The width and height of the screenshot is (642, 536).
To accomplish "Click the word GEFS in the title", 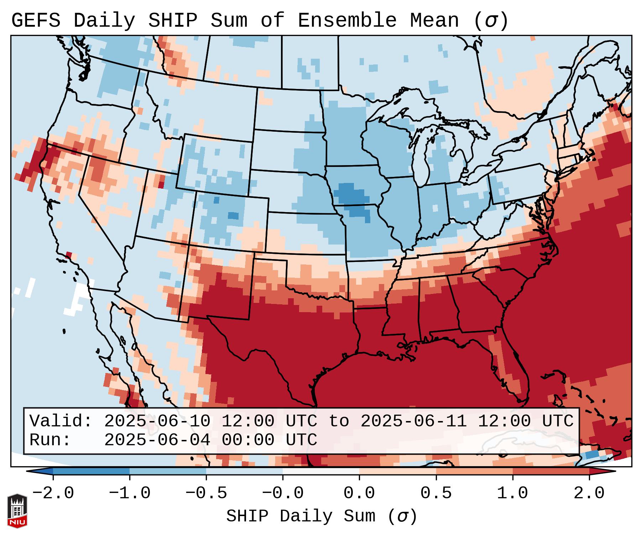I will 36,21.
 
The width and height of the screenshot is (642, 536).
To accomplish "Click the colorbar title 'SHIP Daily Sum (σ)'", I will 321,516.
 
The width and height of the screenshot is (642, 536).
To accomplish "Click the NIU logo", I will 17,511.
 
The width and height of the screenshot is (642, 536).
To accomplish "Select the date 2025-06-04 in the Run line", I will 157,440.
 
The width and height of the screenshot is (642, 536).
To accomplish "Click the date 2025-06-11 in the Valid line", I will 413,421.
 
